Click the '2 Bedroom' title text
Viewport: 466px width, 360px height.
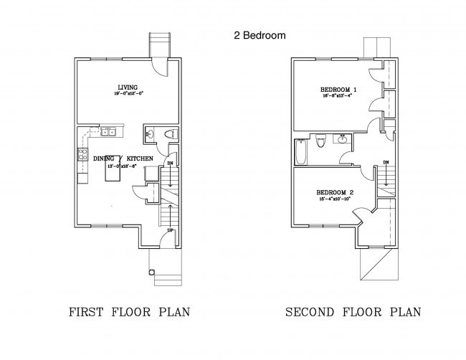click(260, 34)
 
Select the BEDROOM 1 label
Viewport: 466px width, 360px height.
click(338, 89)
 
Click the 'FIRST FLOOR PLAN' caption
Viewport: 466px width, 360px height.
click(123, 312)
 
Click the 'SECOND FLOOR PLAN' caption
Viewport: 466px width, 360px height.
click(353, 312)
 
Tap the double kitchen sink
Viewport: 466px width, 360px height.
click(109, 131)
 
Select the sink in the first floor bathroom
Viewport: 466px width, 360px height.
click(150, 133)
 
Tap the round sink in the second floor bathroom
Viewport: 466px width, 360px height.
click(343, 138)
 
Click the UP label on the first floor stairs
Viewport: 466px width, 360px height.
click(168, 231)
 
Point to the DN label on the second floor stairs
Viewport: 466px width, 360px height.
click(386, 163)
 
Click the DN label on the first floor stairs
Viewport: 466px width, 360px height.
click(169, 164)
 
